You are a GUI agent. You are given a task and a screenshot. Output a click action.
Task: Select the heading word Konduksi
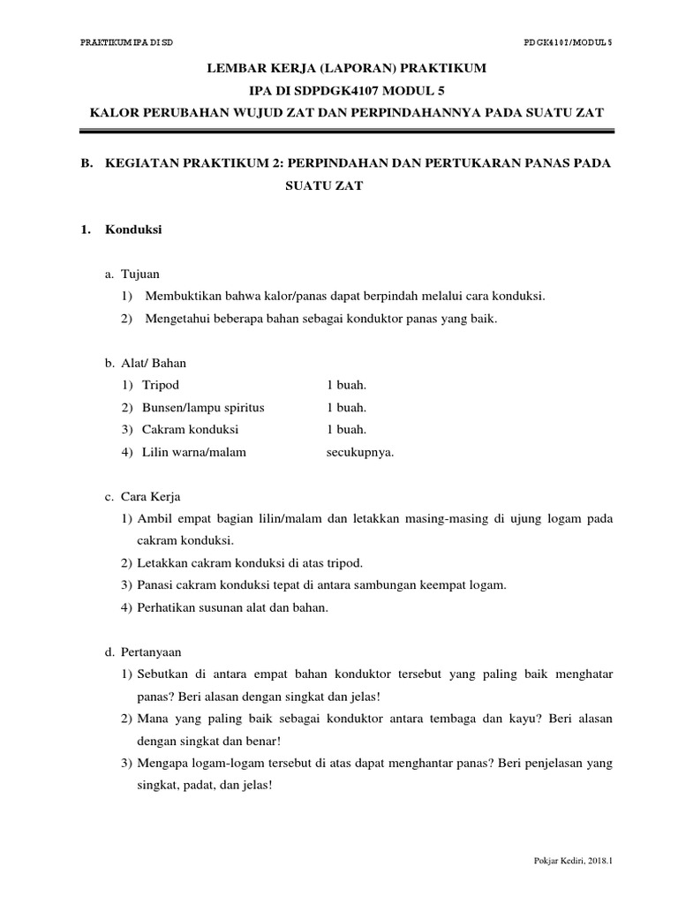[133, 230]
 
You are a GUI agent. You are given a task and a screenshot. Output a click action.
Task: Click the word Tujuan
[139, 275]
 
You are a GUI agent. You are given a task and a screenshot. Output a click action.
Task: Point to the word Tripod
[161, 386]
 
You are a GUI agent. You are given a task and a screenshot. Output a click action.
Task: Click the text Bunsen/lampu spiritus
[203, 408]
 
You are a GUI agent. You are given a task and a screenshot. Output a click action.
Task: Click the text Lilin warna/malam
[194, 452]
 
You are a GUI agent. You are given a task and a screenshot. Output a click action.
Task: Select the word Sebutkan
[164, 674]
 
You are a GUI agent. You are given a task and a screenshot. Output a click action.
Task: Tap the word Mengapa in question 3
[163, 763]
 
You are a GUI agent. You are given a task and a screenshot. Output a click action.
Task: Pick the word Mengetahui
[178, 319]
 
